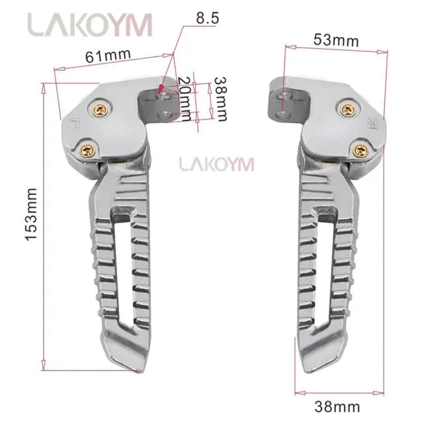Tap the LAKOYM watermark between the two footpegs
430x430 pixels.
pyautogui.click(x=216, y=163)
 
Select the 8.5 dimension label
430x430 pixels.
pyautogui.click(x=207, y=18)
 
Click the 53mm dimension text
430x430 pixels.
pyautogui.click(x=336, y=40)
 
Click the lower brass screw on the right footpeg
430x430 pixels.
pyautogui.click(x=361, y=150)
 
